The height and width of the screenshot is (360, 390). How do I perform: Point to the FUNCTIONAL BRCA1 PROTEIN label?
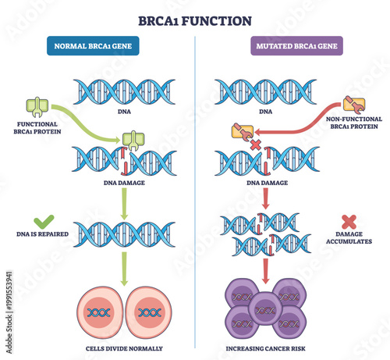[x=36, y=129]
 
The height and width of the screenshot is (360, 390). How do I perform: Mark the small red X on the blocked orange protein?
[x=253, y=145]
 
